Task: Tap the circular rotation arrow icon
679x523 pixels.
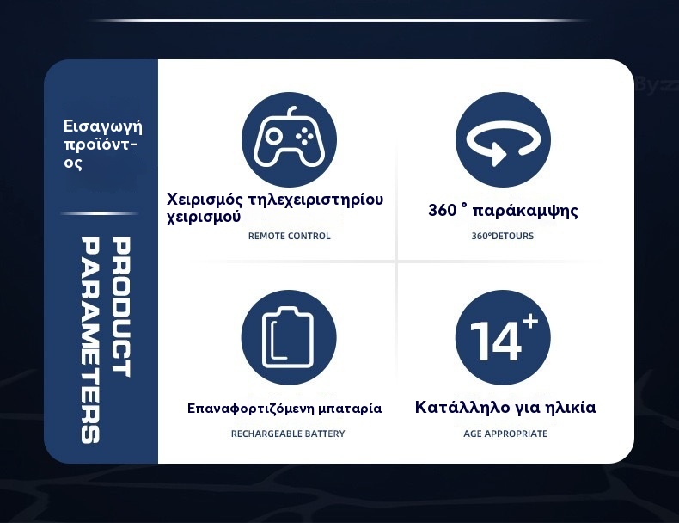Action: pos(503,139)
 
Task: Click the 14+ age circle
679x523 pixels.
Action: pos(503,337)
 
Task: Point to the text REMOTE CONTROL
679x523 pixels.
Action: pos(290,236)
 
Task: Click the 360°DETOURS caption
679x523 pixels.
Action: pos(502,236)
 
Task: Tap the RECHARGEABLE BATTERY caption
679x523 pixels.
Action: pos(288,434)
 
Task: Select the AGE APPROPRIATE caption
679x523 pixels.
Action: pos(505,434)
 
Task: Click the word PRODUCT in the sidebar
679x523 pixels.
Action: pos(121,307)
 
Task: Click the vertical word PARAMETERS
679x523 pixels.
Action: pos(90,340)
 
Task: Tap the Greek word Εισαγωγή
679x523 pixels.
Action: pos(102,126)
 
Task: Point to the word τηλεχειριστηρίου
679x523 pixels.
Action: pos(315,200)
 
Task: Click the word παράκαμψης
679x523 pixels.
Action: pos(525,211)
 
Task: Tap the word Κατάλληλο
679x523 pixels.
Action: pos(462,408)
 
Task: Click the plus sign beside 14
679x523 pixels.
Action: pos(530,322)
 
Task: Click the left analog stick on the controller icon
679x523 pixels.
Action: pos(273,136)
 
